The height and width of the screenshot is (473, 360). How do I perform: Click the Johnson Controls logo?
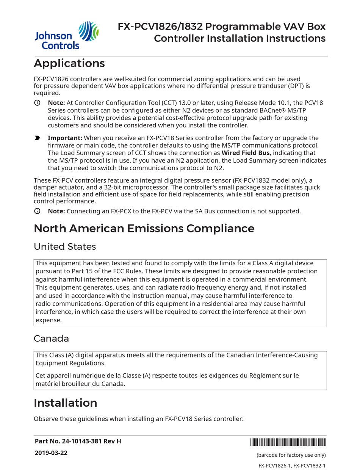(x=66, y=36)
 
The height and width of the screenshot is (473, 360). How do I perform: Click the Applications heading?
(x=69, y=63)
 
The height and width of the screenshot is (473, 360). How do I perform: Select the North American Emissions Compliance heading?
(x=144, y=229)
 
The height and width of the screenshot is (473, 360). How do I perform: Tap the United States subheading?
(x=65, y=247)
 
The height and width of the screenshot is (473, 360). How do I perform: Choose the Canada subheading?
(x=51, y=338)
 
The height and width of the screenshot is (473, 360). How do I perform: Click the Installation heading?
(x=66, y=403)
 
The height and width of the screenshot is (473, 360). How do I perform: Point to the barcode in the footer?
(x=288, y=442)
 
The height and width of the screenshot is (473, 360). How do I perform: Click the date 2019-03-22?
(x=51, y=453)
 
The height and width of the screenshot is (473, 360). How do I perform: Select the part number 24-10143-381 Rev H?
(x=78, y=441)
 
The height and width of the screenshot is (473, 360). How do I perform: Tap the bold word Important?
(x=65, y=138)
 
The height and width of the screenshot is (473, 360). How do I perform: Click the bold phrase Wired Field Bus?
(x=246, y=153)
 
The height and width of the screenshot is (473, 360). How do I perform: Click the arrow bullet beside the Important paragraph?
(x=37, y=138)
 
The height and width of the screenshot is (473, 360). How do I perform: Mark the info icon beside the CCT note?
(x=37, y=103)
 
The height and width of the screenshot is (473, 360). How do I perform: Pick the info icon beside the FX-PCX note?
(x=37, y=211)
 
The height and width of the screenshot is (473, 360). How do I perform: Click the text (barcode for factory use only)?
(x=291, y=455)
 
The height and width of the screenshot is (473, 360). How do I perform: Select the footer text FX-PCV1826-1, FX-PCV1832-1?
(x=292, y=466)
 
